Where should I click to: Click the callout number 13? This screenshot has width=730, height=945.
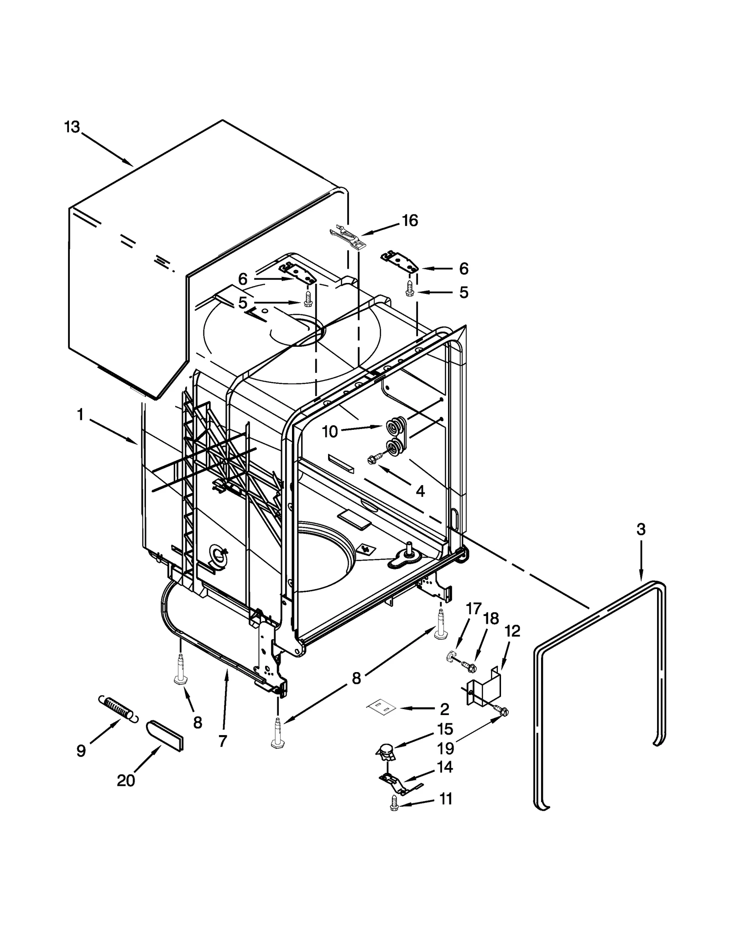coord(72,127)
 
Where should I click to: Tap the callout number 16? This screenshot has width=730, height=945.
coord(410,221)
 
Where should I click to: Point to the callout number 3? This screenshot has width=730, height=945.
coord(641,529)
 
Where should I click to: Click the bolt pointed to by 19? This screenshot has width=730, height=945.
coord(502,711)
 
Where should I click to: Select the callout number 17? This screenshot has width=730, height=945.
coord(474,608)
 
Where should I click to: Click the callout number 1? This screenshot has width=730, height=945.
coord(80,415)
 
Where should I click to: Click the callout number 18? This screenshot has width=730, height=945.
coord(491,619)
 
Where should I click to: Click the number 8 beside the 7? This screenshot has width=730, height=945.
coord(198,722)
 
